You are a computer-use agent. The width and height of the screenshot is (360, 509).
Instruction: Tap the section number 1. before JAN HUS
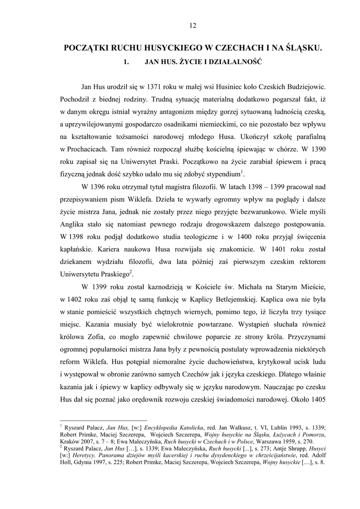126,63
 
